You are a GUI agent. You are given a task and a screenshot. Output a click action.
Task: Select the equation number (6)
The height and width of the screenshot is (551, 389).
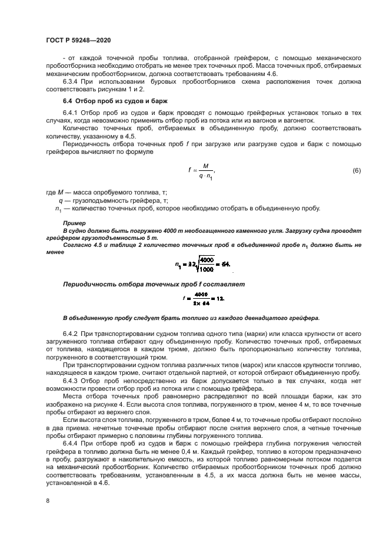click(x=356, y=171)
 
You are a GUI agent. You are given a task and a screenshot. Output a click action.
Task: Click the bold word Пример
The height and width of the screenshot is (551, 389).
click(x=74, y=223)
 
